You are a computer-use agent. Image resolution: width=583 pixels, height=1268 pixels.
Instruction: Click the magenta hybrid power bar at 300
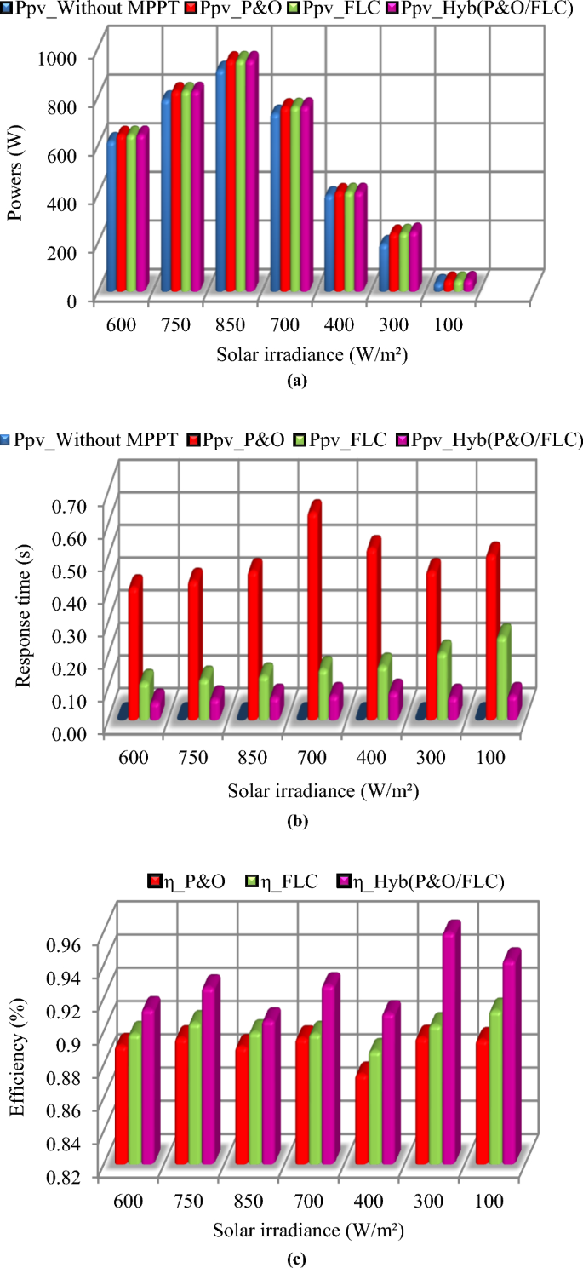(x=414, y=258)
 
